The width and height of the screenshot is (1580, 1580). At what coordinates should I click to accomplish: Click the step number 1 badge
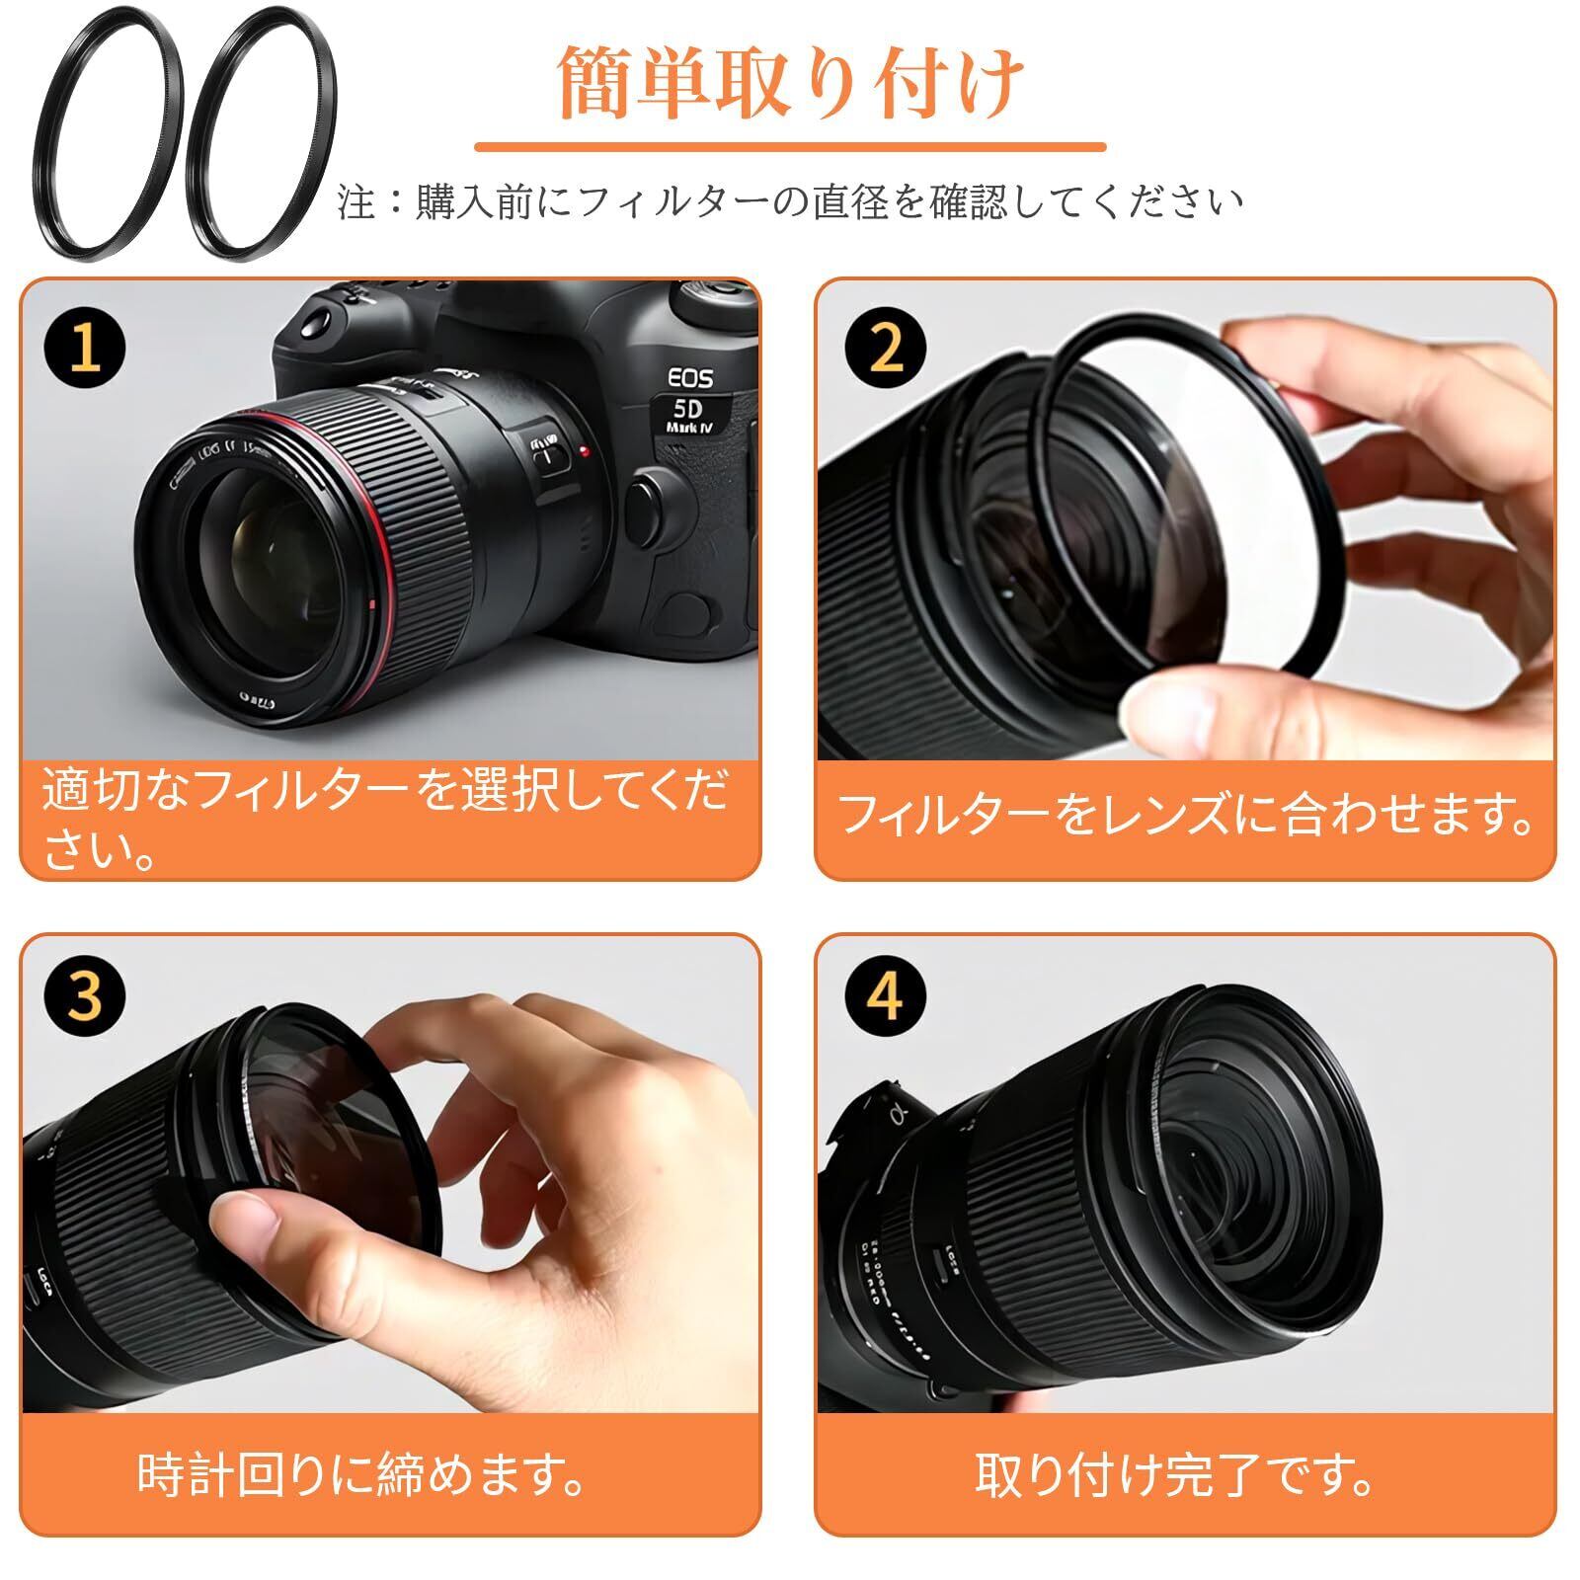87,348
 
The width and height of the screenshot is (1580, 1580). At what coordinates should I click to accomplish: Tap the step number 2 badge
886,348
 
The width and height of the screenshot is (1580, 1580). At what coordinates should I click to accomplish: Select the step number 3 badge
87,997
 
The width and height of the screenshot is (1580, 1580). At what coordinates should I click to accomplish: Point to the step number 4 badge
886,997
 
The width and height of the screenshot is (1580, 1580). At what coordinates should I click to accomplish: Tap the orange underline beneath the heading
790,147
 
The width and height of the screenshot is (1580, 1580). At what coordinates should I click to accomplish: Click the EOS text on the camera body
690,377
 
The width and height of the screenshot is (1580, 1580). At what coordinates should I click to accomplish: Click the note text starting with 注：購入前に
790,201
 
